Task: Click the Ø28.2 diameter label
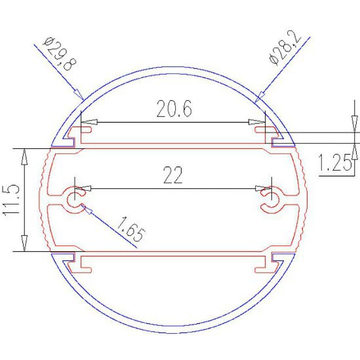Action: [285, 47]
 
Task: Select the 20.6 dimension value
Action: [174, 109]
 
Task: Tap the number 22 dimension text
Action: [173, 175]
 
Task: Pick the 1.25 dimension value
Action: [334, 163]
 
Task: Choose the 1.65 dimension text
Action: [131, 230]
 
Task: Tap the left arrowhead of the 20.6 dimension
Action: [89, 122]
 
